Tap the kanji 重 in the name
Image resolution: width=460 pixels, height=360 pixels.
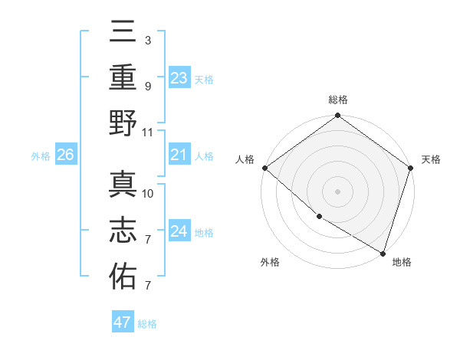(123, 78)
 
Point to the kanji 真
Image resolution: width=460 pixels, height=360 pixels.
(123, 185)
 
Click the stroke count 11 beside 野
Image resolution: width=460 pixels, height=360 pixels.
(148, 132)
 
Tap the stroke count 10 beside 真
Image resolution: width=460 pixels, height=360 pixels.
(148, 193)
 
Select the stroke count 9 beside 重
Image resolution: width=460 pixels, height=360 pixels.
(148, 86)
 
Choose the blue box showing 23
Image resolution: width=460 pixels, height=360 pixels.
(179, 77)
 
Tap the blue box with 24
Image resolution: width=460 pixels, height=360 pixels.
(179, 231)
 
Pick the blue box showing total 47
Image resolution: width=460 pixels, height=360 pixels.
(123, 322)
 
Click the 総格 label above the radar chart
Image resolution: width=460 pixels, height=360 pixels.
(338, 100)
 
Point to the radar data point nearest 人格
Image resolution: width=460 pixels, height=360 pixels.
(264, 168)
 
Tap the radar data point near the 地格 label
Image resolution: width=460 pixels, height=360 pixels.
(383, 252)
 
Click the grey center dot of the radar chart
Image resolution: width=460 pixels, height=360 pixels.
(338, 191)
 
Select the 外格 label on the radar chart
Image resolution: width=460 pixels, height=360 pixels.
(270, 262)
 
